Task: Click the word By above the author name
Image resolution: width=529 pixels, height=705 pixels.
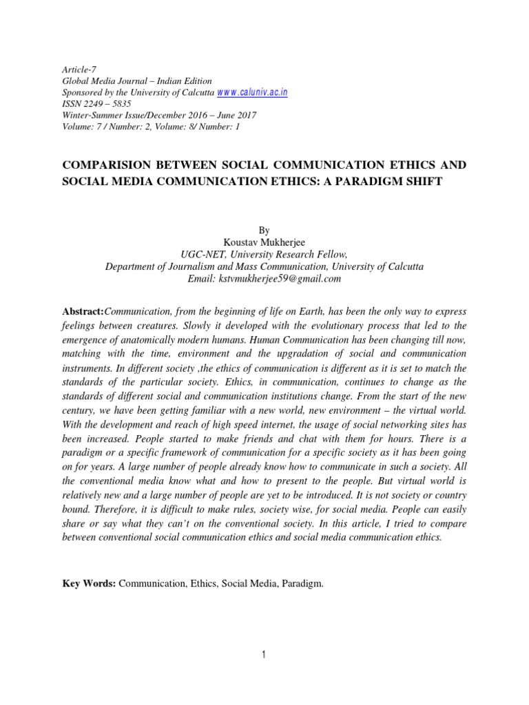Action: (264, 230)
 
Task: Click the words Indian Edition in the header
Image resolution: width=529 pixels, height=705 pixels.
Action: (182, 81)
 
